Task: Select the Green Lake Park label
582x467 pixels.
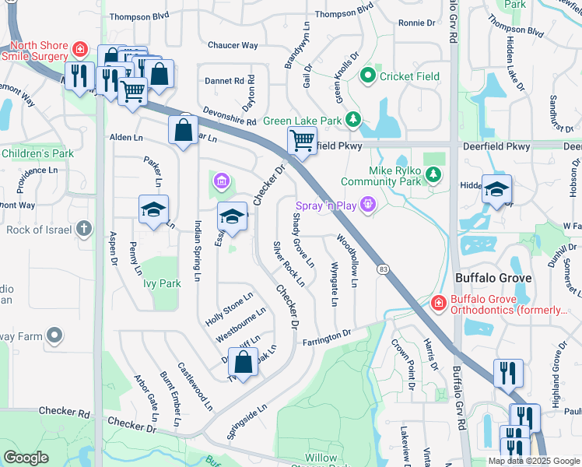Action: (303, 120)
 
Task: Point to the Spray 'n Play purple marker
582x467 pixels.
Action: (367, 205)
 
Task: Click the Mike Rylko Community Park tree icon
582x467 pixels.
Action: (433, 175)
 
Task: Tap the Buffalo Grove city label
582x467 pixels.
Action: (493, 278)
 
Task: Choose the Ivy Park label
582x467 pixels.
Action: (162, 283)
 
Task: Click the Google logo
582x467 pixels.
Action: (26, 457)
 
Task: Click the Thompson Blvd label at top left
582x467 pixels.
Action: (138, 16)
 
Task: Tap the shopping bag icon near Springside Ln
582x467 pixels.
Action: (244, 362)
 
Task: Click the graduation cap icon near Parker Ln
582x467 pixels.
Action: (154, 209)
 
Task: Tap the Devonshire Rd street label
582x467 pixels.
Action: (230, 116)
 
